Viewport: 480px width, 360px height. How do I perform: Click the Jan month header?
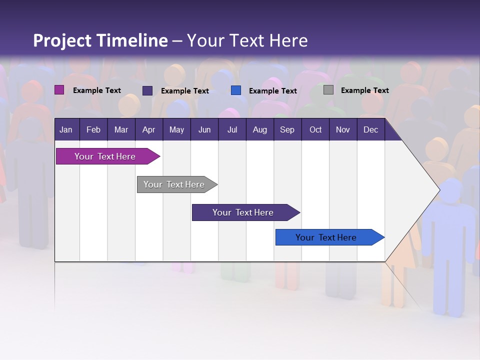tap(66, 129)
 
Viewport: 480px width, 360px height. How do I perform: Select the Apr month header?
tap(148, 129)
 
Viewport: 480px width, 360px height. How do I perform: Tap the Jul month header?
tap(232, 129)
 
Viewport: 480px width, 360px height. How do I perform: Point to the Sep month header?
tap(287, 129)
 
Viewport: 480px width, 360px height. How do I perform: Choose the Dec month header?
tap(370, 129)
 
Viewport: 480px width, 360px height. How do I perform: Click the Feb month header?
tap(93, 129)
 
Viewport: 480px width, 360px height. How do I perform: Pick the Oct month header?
tap(315, 129)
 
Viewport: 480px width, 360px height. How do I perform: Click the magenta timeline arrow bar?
tap(105, 156)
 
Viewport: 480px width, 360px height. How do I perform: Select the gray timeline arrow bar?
tap(174, 184)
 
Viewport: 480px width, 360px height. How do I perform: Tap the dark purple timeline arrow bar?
tap(243, 212)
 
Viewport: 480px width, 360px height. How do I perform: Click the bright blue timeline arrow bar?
tap(326, 237)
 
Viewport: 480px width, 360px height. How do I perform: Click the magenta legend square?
tap(59, 90)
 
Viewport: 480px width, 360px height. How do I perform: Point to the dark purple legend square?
tap(147, 90)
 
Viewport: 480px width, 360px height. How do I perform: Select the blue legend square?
tap(236, 90)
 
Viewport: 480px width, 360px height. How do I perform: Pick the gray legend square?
tap(328, 90)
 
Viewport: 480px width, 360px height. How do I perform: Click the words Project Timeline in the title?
tap(100, 40)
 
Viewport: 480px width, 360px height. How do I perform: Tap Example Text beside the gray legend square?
tap(364, 90)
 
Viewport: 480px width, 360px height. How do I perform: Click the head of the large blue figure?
tap(451, 191)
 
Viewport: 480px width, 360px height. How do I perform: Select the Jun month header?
tap(204, 129)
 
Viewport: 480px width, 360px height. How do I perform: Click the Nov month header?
tap(343, 129)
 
